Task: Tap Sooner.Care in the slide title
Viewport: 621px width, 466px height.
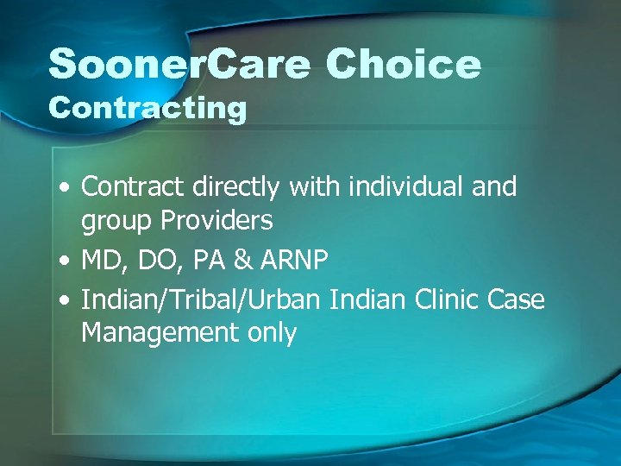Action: [x=179, y=65]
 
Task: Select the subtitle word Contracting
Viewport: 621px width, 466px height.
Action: [x=147, y=109]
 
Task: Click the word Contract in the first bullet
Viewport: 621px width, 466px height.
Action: [x=133, y=186]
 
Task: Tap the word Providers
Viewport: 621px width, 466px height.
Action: [x=216, y=221]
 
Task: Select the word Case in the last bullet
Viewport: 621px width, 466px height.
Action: [x=517, y=299]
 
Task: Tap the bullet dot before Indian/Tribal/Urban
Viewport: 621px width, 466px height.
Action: [x=66, y=300]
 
